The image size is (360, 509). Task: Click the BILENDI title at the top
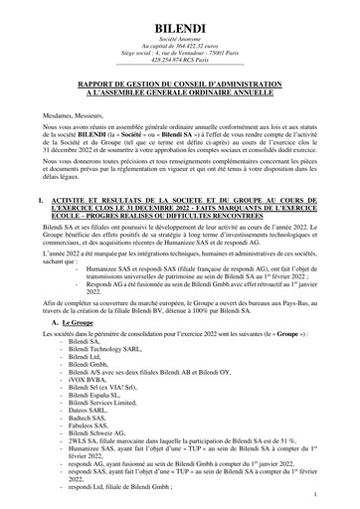pos(179,19)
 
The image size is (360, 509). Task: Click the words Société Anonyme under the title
pos(179,36)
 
